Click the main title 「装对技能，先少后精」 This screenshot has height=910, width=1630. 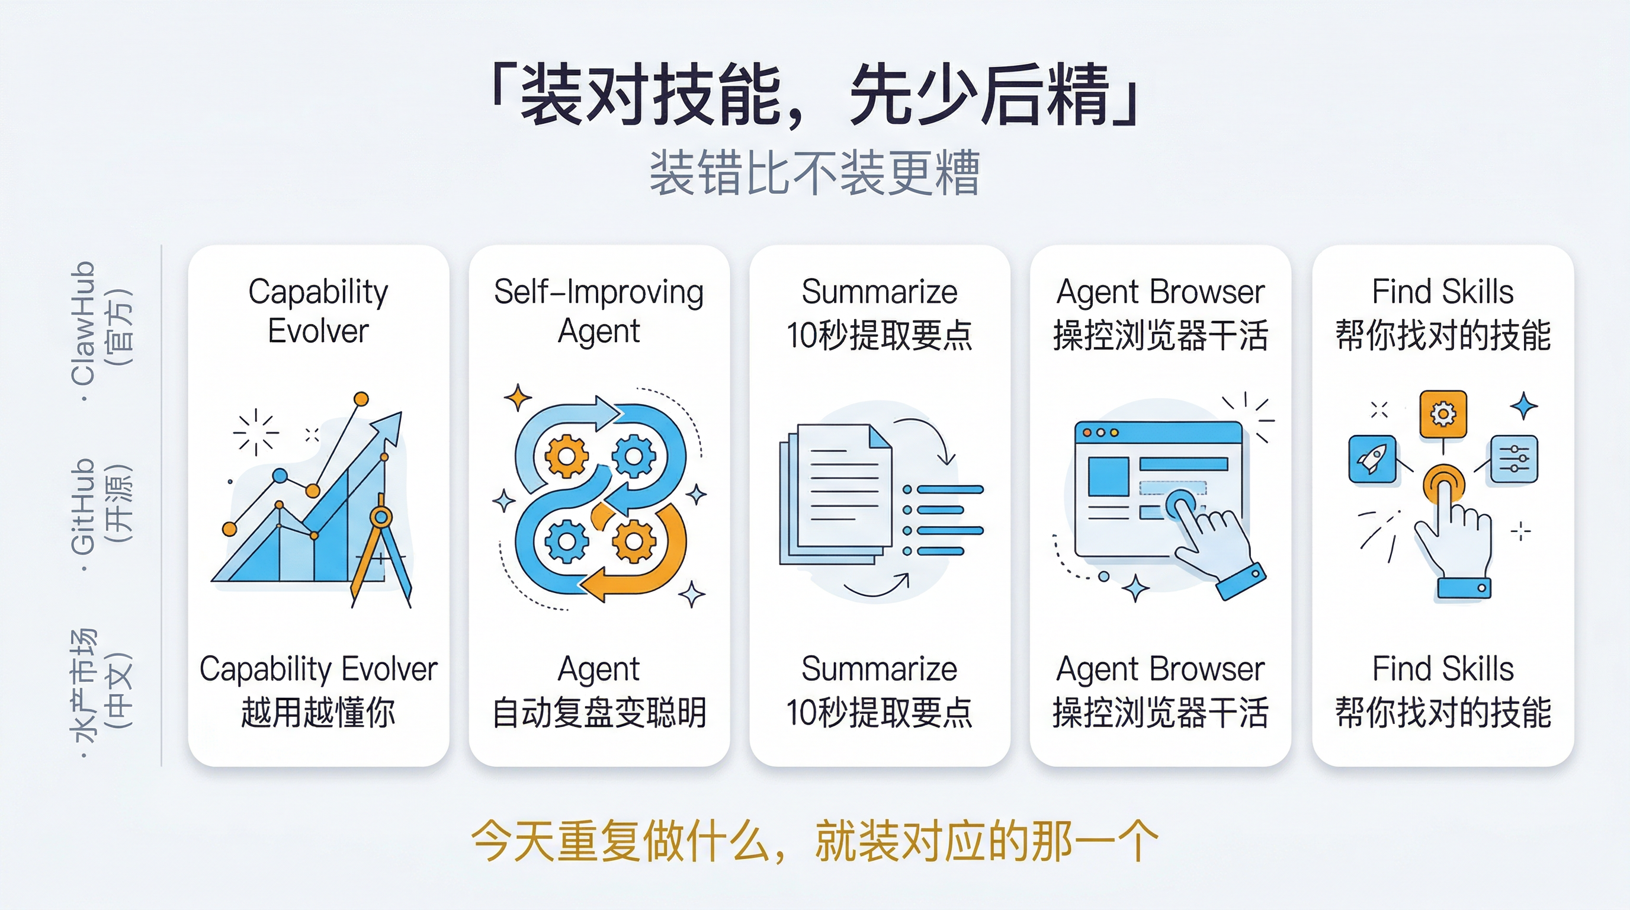815,95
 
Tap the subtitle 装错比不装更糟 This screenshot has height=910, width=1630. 815,173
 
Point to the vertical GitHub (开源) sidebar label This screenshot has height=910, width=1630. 101,507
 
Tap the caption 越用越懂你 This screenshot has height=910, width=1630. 317,713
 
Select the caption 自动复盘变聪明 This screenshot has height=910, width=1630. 599,713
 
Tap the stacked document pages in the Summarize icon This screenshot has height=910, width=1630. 835,494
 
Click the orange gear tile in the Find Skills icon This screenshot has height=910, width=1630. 1443,415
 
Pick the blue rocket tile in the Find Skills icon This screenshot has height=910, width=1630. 1372,459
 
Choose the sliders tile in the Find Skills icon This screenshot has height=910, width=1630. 1514,459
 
